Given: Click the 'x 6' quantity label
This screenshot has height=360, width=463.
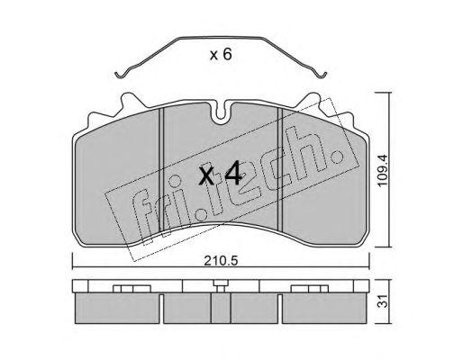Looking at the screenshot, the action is pyautogui.click(x=221, y=55).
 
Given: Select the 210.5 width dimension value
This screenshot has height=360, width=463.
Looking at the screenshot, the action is pyautogui.click(x=221, y=261).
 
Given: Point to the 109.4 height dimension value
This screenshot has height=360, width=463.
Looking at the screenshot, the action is pyautogui.click(x=383, y=170).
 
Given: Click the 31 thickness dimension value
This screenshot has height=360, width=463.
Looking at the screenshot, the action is pyautogui.click(x=384, y=301).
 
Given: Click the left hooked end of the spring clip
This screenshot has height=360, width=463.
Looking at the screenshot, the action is pyautogui.click(x=121, y=74).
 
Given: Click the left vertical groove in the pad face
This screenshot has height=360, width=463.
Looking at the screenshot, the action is pyautogui.click(x=161, y=169).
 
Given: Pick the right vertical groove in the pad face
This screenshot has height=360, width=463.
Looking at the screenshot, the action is pyautogui.click(x=280, y=169).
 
